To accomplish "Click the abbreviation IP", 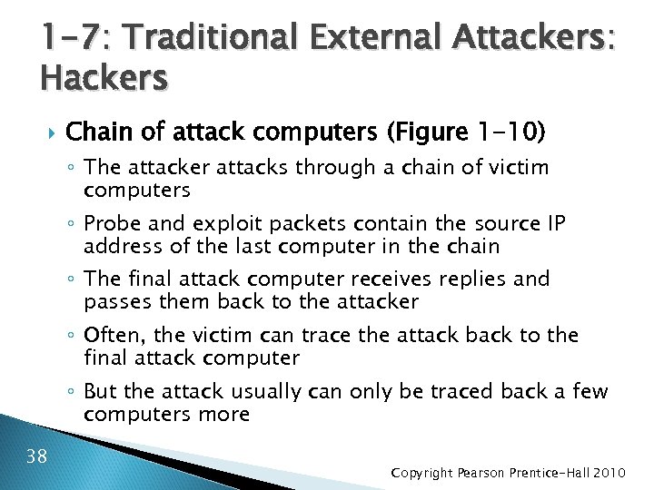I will [x=555, y=223].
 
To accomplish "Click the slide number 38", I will [x=37, y=455].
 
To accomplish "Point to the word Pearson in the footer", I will [x=486, y=474].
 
